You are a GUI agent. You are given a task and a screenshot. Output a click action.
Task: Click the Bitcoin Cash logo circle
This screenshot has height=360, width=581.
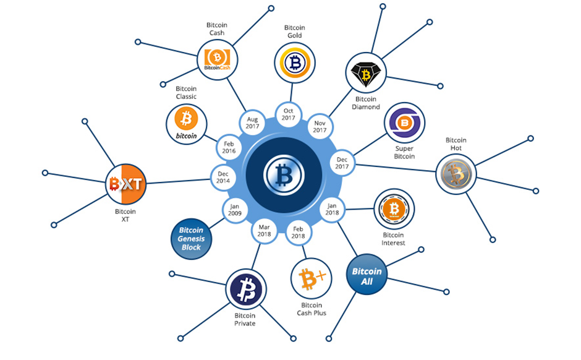click(217, 60)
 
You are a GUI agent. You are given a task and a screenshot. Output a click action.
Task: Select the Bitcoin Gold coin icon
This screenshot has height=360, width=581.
click(295, 62)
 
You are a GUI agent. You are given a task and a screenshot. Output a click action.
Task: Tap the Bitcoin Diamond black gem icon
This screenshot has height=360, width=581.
click(366, 73)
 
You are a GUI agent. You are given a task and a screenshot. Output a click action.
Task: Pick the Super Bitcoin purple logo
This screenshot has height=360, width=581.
click(404, 122)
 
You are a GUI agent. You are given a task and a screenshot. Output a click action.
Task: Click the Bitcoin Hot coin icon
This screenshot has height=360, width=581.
click(456, 174)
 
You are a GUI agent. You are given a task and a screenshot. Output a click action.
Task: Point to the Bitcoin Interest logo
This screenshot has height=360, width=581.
click(394, 209)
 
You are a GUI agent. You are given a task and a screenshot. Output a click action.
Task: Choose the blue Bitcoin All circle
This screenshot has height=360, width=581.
click(367, 275)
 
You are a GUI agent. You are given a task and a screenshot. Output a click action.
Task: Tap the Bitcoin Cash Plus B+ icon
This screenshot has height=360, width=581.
click(312, 278)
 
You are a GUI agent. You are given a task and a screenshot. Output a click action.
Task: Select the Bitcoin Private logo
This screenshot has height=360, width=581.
click(246, 289)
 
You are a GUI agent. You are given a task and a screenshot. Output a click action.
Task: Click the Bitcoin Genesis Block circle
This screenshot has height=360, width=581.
click(191, 239)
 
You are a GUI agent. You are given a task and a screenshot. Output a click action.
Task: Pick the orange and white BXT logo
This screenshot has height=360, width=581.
click(125, 184)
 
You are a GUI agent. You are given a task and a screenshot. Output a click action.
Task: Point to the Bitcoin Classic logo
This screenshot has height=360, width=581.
click(187, 124)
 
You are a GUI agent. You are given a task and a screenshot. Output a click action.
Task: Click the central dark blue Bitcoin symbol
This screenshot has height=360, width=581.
click(284, 175)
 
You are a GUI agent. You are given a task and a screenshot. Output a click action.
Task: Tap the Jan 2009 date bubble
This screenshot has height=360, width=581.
click(235, 210)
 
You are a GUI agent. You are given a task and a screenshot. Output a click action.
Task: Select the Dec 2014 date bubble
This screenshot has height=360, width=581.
click(223, 178)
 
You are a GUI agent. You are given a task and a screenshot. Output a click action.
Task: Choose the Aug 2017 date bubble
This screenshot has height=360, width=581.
click(252, 122)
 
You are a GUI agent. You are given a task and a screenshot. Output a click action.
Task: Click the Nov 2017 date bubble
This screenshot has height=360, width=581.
click(320, 126)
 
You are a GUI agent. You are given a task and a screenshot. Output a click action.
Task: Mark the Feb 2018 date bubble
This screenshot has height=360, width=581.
click(299, 233)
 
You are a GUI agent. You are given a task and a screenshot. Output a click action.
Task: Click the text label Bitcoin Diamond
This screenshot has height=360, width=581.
click(366, 103)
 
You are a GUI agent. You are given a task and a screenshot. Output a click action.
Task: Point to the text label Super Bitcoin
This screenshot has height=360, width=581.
click(404, 152)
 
